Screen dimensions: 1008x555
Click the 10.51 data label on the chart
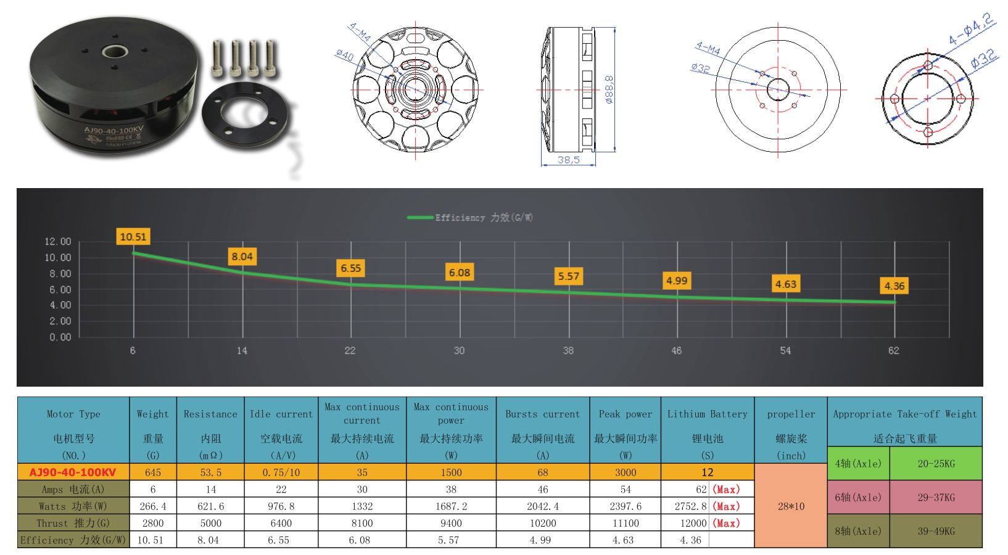pyautogui.click(x=133, y=237)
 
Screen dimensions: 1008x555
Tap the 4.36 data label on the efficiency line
pyautogui.click(x=894, y=286)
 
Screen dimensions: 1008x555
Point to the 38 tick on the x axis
pyautogui.click(x=568, y=350)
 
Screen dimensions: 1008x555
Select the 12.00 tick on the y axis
pyautogui.click(x=58, y=242)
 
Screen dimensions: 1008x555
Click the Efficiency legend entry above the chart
pyautogui.click(x=470, y=218)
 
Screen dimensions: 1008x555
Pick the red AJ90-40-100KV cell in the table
pyautogui.click(x=73, y=472)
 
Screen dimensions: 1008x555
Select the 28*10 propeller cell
pyautogui.click(x=791, y=506)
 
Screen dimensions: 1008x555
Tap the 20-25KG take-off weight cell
pyautogui.click(x=936, y=464)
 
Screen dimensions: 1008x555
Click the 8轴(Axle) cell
pyautogui.click(x=858, y=531)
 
